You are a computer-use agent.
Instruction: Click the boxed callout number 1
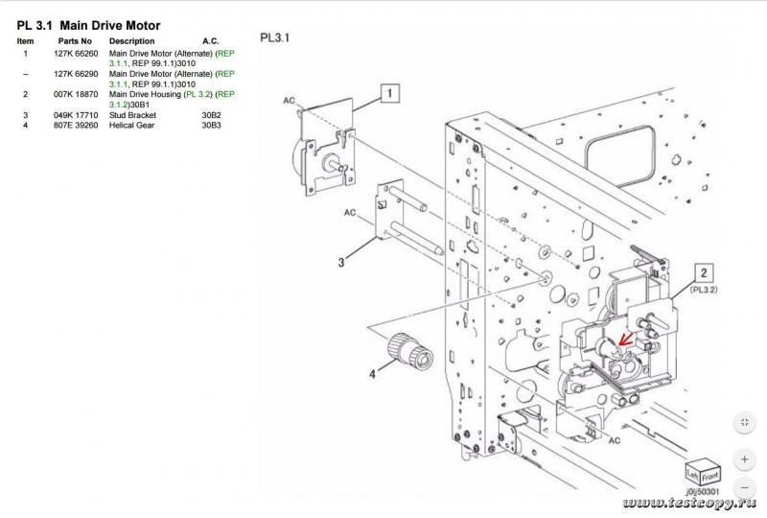(390, 93)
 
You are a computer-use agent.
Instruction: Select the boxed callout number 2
(704, 272)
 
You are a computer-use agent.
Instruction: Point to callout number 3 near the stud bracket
(341, 263)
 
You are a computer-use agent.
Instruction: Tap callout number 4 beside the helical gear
(373, 374)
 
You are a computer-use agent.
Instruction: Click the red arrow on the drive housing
(625, 339)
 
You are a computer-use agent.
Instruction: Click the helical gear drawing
(410, 349)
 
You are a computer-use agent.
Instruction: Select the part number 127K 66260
(76, 54)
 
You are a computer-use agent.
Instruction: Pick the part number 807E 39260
(76, 126)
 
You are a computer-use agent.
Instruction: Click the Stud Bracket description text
(132, 115)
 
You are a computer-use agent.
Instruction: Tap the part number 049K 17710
(76, 115)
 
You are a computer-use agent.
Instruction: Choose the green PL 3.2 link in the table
(198, 94)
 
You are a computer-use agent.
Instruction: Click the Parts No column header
(75, 41)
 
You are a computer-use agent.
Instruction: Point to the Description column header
(131, 41)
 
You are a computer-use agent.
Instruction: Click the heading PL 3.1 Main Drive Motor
(88, 26)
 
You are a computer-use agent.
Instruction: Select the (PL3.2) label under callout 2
(704, 290)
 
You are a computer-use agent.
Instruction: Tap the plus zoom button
(745, 459)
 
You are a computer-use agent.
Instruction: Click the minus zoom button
(745, 487)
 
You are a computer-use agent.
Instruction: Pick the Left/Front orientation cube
(703, 472)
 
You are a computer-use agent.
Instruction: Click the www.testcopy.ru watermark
(689, 503)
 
